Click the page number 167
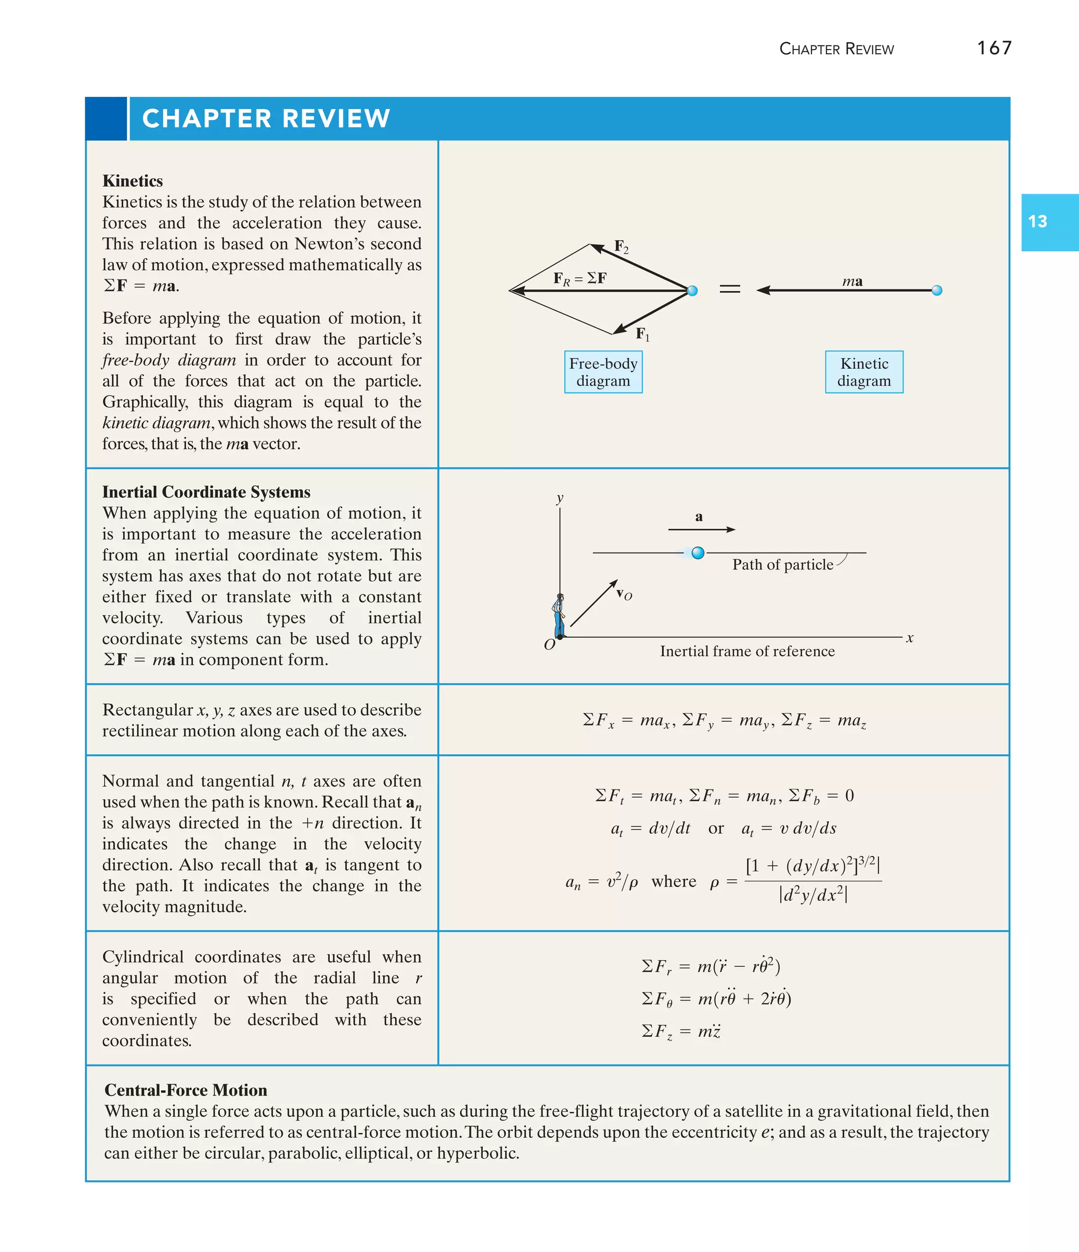(x=994, y=48)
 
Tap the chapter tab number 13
(x=1037, y=222)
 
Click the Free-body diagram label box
(x=603, y=372)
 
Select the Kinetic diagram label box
(x=864, y=372)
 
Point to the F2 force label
(x=621, y=247)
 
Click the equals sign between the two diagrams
(x=730, y=290)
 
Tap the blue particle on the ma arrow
(x=936, y=291)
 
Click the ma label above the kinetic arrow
(x=852, y=281)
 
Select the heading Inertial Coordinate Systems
(x=206, y=492)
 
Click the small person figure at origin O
(x=559, y=615)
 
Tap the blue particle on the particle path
(x=698, y=553)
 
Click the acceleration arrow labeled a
(x=701, y=529)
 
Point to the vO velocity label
(x=624, y=594)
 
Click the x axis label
(x=910, y=638)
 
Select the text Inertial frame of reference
(x=747, y=652)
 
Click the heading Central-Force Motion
(x=185, y=1090)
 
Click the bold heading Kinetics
(x=132, y=181)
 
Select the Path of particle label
(x=782, y=564)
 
